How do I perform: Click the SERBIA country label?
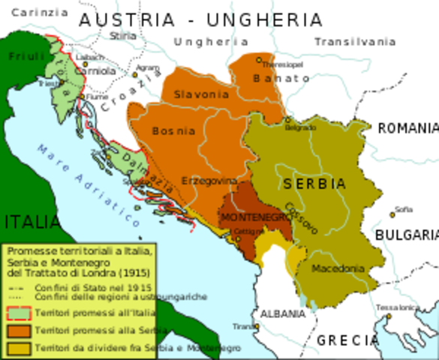pyautogui.click(x=314, y=184)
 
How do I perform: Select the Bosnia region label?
pyautogui.click(x=173, y=131)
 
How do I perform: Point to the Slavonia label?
pyautogui.click(x=200, y=95)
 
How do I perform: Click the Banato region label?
pyautogui.click(x=281, y=78)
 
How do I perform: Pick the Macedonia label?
pyautogui.click(x=338, y=268)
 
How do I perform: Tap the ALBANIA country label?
pyautogui.click(x=279, y=313)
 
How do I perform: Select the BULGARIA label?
pyautogui.click(x=406, y=235)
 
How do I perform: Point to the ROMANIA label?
pyautogui.click(x=407, y=129)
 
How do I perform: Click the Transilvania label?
pyautogui.click(x=354, y=42)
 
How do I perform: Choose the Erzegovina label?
pyautogui.click(x=209, y=181)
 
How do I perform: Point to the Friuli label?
pyautogui.click(x=26, y=56)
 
